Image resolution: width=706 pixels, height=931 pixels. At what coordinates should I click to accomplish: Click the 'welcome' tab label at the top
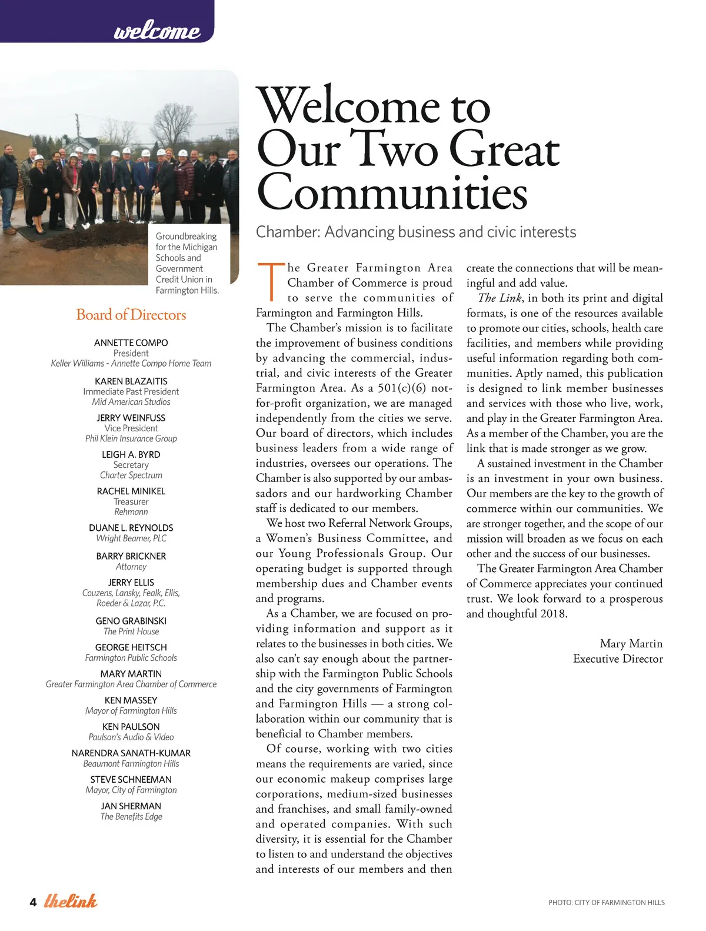click(x=156, y=30)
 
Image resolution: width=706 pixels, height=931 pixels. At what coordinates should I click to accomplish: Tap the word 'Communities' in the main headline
click(x=392, y=192)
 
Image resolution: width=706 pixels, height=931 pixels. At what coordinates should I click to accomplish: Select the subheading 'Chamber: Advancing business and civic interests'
click(x=416, y=232)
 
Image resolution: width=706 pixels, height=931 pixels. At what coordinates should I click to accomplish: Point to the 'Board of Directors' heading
click(x=131, y=315)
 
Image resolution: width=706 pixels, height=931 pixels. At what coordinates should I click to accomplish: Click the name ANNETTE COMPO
click(x=131, y=343)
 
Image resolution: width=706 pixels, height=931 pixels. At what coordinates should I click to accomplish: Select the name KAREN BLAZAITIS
click(x=131, y=381)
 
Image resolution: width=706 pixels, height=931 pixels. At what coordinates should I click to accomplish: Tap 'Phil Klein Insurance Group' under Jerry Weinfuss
click(x=131, y=438)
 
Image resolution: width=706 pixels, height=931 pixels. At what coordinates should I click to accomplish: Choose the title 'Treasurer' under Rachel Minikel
click(x=131, y=501)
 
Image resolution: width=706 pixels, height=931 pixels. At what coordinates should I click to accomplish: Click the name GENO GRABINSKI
click(x=131, y=621)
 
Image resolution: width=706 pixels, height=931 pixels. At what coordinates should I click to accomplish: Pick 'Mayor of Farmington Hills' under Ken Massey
click(x=131, y=711)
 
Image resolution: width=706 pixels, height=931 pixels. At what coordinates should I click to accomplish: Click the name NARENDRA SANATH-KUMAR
click(x=131, y=753)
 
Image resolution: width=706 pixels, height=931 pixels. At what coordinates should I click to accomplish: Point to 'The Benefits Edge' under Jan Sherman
click(x=131, y=817)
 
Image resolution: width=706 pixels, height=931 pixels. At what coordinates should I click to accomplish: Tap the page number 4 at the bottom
click(x=33, y=903)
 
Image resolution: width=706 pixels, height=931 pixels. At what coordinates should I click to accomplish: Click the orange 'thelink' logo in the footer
click(x=71, y=901)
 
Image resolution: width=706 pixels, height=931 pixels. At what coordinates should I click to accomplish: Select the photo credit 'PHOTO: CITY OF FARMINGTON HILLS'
click(x=607, y=903)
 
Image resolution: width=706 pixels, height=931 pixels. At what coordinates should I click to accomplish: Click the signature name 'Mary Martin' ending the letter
click(x=631, y=644)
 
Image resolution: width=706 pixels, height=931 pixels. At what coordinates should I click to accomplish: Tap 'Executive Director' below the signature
click(x=618, y=659)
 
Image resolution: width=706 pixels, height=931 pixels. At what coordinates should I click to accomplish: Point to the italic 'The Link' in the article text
click(x=499, y=298)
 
